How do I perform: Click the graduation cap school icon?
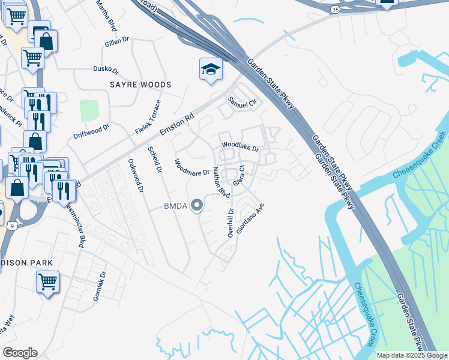[x=211, y=70]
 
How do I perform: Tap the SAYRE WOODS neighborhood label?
[x=140, y=85]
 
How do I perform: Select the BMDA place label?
[x=176, y=206]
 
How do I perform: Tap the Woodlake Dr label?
[x=240, y=146]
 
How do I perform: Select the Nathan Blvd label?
[x=221, y=184]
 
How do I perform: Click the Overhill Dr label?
[x=231, y=223]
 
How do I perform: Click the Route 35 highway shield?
[x=334, y=10]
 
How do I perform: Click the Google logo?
[x=20, y=353]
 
